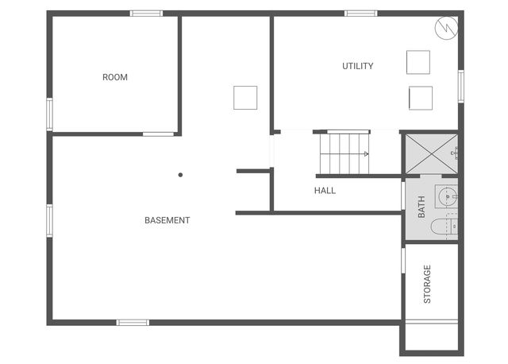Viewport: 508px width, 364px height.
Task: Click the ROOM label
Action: [x=115, y=77]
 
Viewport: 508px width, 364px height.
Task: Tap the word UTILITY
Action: [x=358, y=66]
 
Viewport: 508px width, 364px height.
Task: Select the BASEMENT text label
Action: [x=167, y=220]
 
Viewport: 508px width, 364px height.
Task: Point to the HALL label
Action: [x=325, y=191]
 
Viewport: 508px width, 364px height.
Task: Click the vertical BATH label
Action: [x=421, y=208]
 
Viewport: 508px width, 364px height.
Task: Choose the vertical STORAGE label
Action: [x=427, y=284]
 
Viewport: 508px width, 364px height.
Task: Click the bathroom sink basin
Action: [x=448, y=195]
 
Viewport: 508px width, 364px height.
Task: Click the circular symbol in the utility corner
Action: [x=444, y=28]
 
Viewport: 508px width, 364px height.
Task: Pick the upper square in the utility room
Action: [x=418, y=62]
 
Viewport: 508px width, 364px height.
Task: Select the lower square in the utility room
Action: [x=420, y=98]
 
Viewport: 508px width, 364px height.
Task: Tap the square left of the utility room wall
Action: [x=245, y=98]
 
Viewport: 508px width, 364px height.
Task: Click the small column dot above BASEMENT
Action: [x=180, y=175]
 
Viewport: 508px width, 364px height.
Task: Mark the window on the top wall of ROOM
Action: [x=146, y=14]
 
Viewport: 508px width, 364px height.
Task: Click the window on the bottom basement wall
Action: [x=133, y=322]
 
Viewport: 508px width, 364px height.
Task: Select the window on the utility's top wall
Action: [x=360, y=14]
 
